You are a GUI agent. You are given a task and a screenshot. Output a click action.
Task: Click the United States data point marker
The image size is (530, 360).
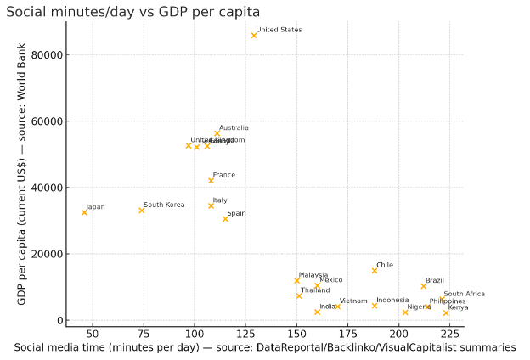pyautogui.click(x=254, y=36)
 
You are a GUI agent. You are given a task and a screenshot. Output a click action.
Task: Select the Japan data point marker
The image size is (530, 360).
pyautogui.click(x=84, y=212)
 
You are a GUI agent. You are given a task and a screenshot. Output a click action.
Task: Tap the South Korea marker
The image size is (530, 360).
pyautogui.click(x=142, y=211)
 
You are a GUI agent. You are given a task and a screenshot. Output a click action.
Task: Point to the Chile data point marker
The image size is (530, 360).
pyautogui.click(x=374, y=271)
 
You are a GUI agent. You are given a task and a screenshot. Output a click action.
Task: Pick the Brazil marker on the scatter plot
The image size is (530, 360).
pyautogui.click(x=423, y=286)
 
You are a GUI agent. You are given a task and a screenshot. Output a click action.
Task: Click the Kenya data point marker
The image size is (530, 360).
pyautogui.click(x=446, y=313)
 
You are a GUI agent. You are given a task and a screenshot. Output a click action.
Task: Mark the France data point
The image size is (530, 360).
pyautogui.click(x=211, y=181)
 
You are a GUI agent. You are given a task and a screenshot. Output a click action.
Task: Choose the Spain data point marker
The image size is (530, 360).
pyautogui.click(x=225, y=219)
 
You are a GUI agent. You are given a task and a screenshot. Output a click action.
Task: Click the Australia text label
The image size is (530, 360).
pyautogui.click(x=234, y=128)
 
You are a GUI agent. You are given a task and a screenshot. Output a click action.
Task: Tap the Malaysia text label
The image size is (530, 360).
pyautogui.click(x=313, y=275)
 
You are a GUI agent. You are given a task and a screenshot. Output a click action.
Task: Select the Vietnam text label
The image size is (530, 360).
pyautogui.click(x=353, y=301)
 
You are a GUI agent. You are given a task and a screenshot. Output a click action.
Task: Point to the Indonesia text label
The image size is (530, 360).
pyautogui.click(x=392, y=300)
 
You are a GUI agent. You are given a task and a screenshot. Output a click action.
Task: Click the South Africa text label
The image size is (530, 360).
pyautogui.click(x=464, y=294)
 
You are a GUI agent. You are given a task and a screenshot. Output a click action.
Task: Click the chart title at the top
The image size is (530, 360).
pyautogui.click(x=132, y=10)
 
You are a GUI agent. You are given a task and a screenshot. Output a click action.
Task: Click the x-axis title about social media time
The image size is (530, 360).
pyautogui.click(x=265, y=347)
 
